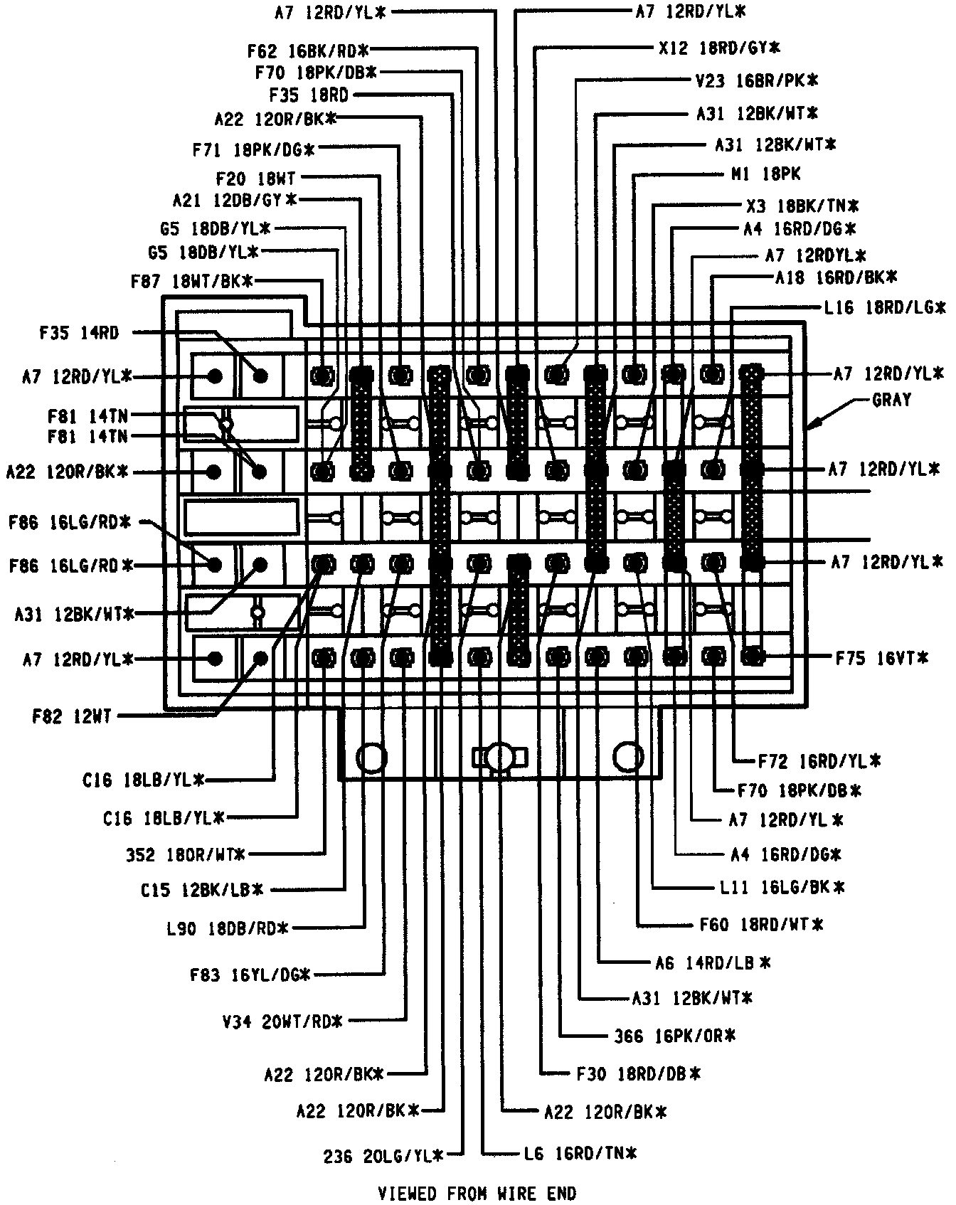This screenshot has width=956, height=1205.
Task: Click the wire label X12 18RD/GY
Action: point(719,48)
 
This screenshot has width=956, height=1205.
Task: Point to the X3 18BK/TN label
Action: point(802,206)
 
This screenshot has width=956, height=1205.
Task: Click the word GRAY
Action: point(891,400)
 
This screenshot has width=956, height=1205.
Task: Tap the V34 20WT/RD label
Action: point(282,1022)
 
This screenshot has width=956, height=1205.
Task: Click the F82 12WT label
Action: point(72,716)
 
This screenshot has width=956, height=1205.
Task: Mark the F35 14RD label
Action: point(80,332)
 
